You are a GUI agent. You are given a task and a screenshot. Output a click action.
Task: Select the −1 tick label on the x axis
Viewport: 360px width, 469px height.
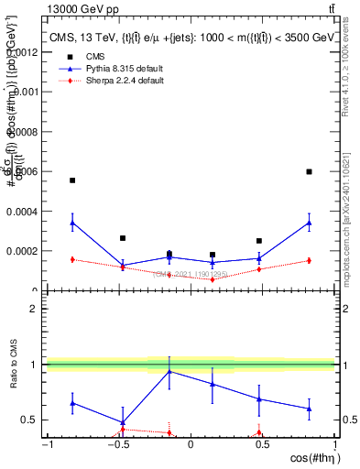point(47,443)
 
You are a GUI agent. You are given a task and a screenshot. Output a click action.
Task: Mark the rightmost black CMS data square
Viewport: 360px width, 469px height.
point(309,171)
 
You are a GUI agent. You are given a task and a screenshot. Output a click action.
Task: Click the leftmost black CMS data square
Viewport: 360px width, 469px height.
point(72,180)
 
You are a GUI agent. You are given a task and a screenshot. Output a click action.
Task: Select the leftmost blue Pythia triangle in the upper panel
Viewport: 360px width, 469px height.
point(72,222)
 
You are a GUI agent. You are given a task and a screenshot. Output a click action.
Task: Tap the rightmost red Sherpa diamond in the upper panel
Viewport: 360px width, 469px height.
point(309,260)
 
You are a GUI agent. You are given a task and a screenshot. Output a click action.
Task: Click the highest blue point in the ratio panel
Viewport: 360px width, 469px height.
point(169,371)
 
